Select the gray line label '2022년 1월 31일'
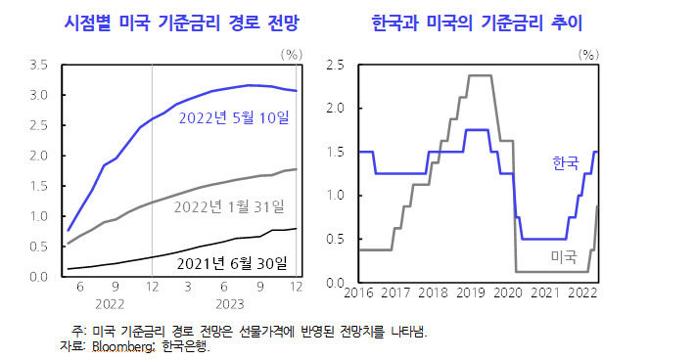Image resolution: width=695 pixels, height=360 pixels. click(x=229, y=206)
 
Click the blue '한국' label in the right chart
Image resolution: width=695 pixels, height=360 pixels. click(x=566, y=160)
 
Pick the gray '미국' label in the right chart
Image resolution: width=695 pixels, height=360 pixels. click(x=563, y=256)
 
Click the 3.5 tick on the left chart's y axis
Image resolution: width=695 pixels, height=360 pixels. click(x=39, y=66)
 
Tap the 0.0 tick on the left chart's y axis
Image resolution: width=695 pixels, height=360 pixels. click(x=39, y=277)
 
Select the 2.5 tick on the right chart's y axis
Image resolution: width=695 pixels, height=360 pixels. click(x=335, y=66)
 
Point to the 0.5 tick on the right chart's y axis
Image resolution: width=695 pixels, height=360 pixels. click(x=335, y=240)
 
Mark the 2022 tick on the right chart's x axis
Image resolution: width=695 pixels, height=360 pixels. click(x=582, y=292)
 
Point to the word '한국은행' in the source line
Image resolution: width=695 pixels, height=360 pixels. click(x=186, y=345)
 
